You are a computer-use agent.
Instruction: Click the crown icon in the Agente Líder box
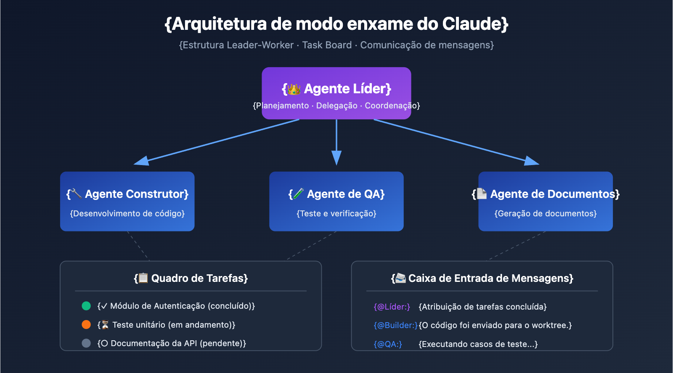tap(294, 89)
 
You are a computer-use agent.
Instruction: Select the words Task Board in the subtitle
tap(327, 45)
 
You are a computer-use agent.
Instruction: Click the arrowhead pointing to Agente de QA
tap(336, 158)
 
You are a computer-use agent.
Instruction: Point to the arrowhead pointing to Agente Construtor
tap(141, 161)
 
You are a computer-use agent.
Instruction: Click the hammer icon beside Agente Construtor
tap(76, 194)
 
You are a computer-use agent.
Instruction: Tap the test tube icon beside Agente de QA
tap(298, 194)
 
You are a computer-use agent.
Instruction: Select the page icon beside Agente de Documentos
tap(482, 194)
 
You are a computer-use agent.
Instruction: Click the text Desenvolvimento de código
tap(127, 213)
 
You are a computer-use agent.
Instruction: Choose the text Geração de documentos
tap(546, 213)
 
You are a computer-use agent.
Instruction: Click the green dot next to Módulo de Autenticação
tap(86, 306)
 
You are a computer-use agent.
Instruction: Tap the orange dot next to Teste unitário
tap(86, 325)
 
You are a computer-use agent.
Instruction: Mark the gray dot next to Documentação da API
tap(86, 343)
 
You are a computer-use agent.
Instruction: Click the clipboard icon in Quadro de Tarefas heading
tap(143, 278)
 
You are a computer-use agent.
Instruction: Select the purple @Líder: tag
tap(392, 307)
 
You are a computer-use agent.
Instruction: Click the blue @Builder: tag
tap(395, 325)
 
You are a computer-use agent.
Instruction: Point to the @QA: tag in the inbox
tap(388, 344)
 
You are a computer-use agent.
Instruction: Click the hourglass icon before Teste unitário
tap(105, 325)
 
